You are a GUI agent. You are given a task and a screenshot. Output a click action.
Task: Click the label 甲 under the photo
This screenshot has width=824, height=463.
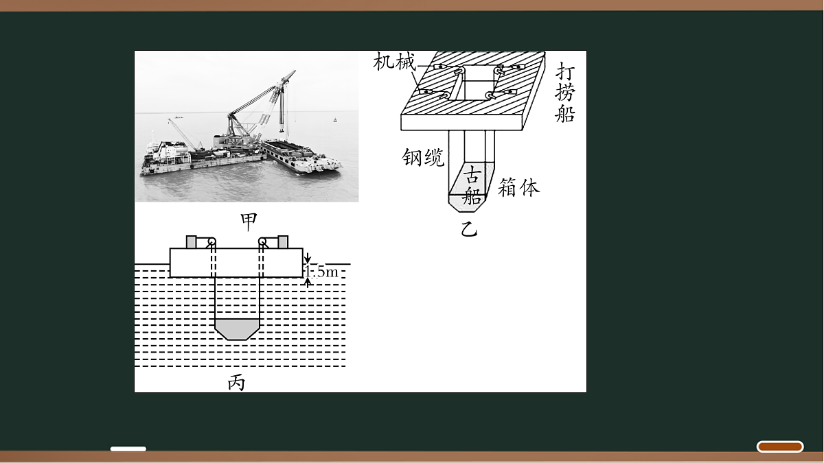click(249, 222)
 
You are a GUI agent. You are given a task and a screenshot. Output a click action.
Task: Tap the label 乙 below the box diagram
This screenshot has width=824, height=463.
click(469, 229)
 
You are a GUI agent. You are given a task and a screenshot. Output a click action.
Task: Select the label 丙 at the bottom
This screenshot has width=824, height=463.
click(236, 383)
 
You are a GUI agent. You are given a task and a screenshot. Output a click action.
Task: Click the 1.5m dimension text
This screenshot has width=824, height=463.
click(321, 272)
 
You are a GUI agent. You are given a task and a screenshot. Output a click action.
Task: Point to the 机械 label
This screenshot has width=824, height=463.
click(394, 61)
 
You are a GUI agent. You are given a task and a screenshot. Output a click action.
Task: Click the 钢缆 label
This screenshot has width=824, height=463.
click(423, 158)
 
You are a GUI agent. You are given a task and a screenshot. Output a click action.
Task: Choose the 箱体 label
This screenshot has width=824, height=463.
click(518, 187)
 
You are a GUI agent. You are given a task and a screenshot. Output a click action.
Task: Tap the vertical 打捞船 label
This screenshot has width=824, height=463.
click(565, 92)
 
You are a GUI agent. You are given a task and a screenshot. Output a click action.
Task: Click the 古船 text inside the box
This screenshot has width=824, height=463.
click(472, 185)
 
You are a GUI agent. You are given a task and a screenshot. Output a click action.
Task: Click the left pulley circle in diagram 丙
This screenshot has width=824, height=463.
click(211, 241)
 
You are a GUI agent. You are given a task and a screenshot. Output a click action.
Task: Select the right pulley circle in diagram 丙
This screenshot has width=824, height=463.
click(262, 241)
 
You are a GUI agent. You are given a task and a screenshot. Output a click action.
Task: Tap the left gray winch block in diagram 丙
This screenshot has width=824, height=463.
click(192, 241)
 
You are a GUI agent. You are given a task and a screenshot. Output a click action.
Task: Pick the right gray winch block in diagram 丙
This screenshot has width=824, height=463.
click(283, 241)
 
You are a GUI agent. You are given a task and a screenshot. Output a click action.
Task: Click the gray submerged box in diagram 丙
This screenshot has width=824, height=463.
click(238, 329)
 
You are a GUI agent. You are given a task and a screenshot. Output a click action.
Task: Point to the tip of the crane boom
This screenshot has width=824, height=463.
click(295, 71)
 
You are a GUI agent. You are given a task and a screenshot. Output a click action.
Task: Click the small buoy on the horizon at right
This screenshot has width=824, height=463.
click(335, 120)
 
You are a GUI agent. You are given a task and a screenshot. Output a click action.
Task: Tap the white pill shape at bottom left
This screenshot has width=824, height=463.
click(128, 449)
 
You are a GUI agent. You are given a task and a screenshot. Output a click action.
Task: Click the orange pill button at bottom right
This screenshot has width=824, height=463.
click(780, 447)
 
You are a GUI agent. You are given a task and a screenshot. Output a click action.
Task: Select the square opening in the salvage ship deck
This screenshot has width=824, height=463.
click(477, 82)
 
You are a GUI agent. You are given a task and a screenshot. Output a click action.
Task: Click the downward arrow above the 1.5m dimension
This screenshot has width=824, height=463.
click(308, 258)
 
